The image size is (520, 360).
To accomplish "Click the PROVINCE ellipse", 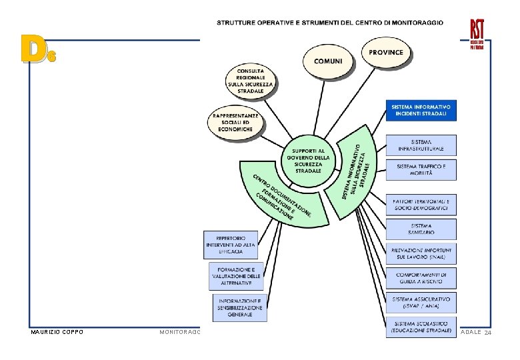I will (387, 51).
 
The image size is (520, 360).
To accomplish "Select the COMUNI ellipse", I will (328, 61).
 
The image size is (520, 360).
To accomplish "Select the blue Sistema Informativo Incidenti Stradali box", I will (421, 110).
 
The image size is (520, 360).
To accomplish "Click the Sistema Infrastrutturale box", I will (421, 145).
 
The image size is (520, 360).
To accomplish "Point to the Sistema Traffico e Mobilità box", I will (421, 169).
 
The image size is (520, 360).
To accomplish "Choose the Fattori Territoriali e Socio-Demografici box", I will (421, 205).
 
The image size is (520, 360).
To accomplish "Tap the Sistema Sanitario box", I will (421, 229).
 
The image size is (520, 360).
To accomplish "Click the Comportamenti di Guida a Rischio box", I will (421, 277).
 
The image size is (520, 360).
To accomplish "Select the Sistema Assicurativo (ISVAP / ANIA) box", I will (421, 302).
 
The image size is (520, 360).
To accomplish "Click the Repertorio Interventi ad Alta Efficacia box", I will (231, 245).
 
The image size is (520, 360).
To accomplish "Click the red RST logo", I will (477, 33).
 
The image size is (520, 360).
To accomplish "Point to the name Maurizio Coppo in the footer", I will (57, 332).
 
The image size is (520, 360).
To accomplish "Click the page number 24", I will (487, 333).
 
